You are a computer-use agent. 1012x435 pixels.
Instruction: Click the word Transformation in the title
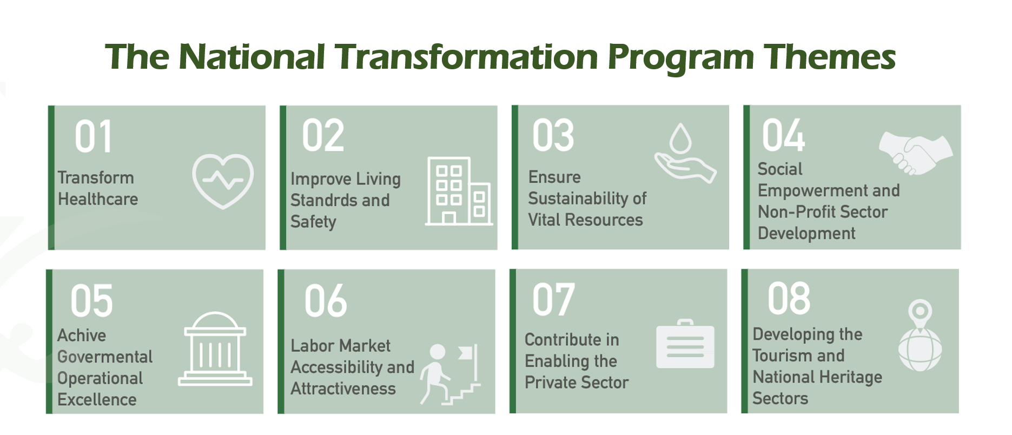point(466,56)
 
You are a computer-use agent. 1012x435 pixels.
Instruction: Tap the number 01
point(94,137)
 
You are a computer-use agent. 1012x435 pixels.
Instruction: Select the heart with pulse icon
point(223,181)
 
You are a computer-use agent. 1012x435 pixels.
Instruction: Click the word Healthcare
point(98,199)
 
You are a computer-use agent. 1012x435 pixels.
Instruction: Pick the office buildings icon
point(459,191)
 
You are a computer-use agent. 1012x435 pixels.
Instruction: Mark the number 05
point(91,301)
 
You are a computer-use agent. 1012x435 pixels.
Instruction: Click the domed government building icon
point(215,349)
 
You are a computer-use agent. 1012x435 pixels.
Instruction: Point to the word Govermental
point(105,357)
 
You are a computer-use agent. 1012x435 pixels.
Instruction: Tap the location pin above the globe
point(920,313)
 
